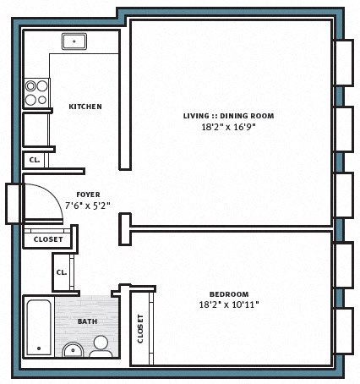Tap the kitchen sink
(x=74, y=41)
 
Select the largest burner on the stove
(x=42, y=86)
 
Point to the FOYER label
(x=88, y=195)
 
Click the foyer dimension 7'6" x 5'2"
(x=88, y=206)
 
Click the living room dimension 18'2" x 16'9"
(x=228, y=127)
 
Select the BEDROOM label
(x=229, y=294)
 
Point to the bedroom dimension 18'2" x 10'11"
(x=229, y=304)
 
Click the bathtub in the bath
(x=39, y=327)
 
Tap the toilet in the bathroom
(x=101, y=348)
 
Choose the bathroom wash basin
(x=73, y=350)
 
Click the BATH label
(x=88, y=321)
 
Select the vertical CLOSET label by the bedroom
(x=140, y=329)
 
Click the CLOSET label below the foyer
(x=48, y=239)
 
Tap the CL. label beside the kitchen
(x=35, y=160)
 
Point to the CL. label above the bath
(x=62, y=272)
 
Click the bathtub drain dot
(x=39, y=348)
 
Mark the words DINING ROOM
(x=247, y=116)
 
